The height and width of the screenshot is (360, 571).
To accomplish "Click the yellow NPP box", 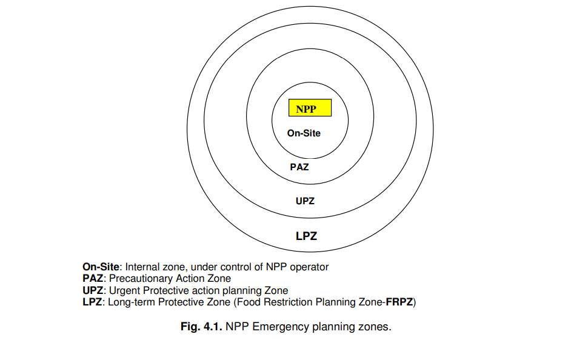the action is click(x=310, y=108).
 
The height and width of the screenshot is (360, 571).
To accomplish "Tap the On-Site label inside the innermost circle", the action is click(x=304, y=133).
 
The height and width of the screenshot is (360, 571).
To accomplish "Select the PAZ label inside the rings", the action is click(x=299, y=167).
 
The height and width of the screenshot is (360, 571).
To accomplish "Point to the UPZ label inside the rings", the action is click(x=305, y=201).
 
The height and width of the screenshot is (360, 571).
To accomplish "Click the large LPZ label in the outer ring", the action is click(x=306, y=236).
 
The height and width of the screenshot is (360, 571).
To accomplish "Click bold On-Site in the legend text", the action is click(x=101, y=267).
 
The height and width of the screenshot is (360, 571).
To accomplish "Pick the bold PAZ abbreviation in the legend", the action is click(x=93, y=278).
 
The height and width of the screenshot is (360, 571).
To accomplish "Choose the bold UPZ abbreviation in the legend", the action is click(x=93, y=290).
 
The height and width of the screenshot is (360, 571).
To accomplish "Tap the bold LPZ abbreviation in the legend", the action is click(x=92, y=302).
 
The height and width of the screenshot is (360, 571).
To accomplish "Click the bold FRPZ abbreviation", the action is click(x=399, y=302).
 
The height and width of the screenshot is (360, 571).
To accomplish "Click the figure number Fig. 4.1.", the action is click(x=201, y=327).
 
